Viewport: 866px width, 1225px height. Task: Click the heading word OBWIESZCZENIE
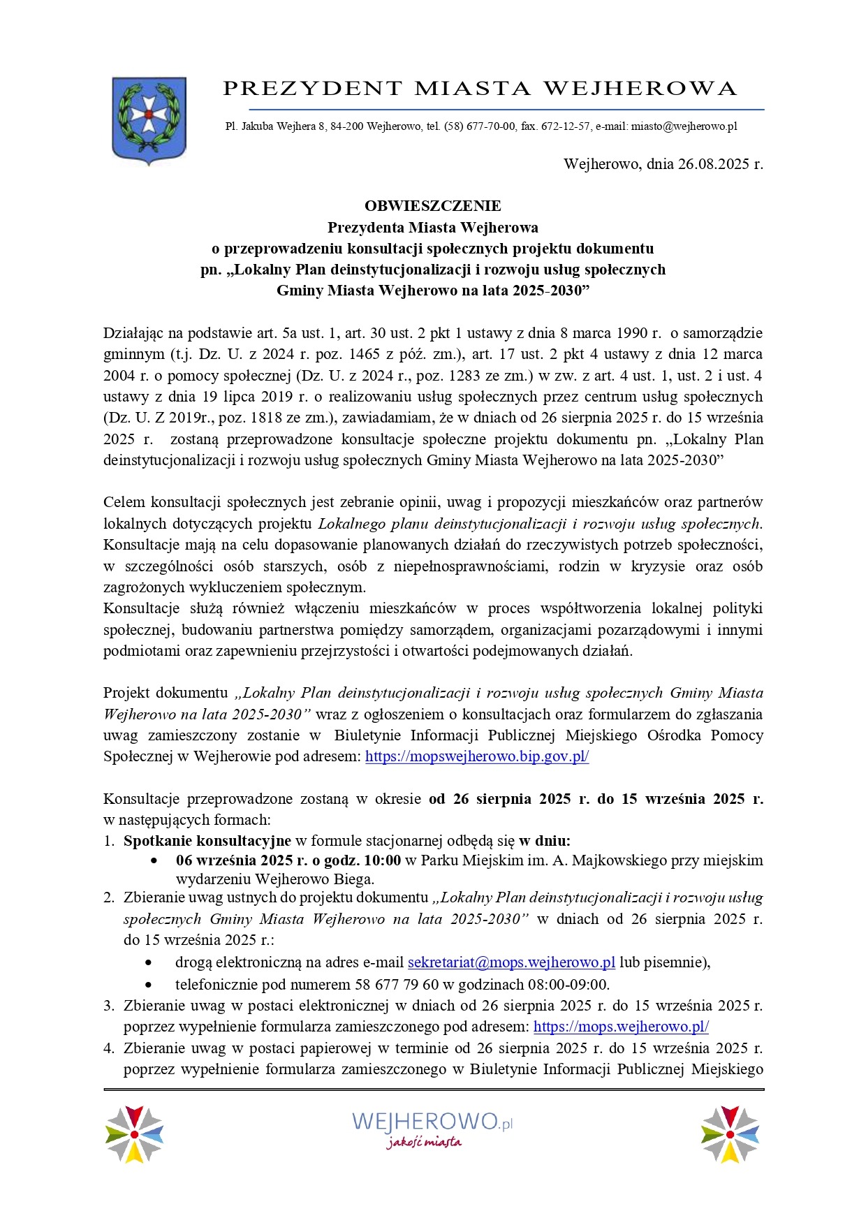pyautogui.click(x=432, y=206)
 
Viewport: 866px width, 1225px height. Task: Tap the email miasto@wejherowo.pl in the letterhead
pyautogui.click(x=684, y=127)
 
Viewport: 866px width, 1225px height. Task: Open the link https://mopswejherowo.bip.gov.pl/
pyautogui.click(x=477, y=756)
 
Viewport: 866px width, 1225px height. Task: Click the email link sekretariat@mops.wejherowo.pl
pyautogui.click(x=511, y=962)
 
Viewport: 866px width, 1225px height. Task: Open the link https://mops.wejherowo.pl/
pyautogui.click(x=621, y=1027)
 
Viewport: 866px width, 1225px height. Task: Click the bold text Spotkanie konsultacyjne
pyautogui.click(x=207, y=841)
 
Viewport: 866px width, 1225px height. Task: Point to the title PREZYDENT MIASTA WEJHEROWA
pyautogui.click(x=480, y=89)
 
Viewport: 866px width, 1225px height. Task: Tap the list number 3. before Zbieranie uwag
pyautogui.click(x=108, y=1006)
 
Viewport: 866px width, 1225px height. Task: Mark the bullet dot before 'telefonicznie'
pyautogui.click(x=149, y=985)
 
